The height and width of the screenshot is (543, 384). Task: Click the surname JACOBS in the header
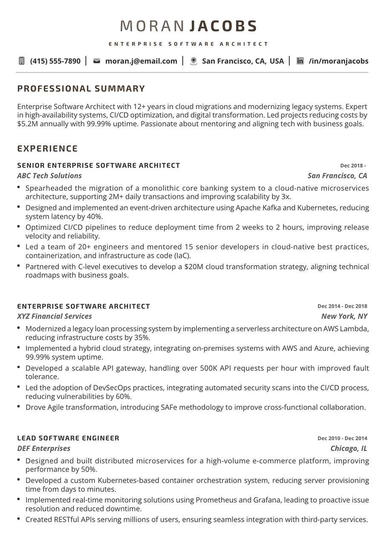click(x=223, y=26)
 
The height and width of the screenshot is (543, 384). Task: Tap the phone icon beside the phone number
click(x=22, y=61)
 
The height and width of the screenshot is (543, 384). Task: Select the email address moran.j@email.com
click(x=141, y=61)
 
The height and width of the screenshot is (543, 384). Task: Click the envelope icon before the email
click(x=97, y=61)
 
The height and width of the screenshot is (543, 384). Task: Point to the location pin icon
click(x=193, y=61)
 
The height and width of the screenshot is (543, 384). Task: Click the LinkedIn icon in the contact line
click(x=300, y=61)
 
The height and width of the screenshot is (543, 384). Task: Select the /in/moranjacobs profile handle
click(x=338, y=61)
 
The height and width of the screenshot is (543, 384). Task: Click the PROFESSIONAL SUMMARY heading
click(x=81, y=89)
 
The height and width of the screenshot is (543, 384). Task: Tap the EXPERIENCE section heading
click(x=47, y=149)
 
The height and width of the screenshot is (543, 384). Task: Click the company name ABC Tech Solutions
click(x=49, y=176)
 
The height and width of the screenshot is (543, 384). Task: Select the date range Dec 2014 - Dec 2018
click(x=342, y=306)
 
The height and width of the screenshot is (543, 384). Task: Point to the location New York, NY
click(x=344, y=316)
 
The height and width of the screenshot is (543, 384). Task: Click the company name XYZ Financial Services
click(x=55, y=316)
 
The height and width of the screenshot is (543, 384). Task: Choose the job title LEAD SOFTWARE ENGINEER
click(x=68, y=438)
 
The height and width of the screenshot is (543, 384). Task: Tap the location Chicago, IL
click(x=349, y=448)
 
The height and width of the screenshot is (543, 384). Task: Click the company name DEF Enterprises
click(x=44, y=448)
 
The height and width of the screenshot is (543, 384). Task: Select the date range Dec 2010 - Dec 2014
click(x=342, y=438)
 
